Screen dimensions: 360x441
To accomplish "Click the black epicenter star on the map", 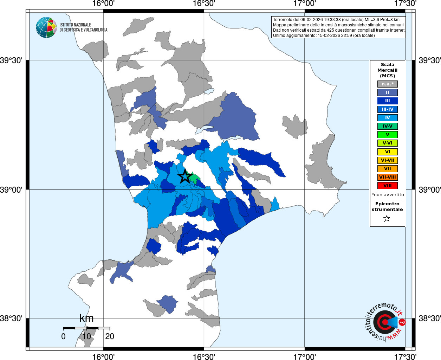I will [185, 176].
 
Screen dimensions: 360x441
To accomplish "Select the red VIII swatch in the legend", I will [387, 186].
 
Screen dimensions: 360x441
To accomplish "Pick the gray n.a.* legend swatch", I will [387, 84].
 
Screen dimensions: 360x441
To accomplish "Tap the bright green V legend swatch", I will [387, 135].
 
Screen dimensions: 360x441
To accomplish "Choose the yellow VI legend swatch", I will [387, 152].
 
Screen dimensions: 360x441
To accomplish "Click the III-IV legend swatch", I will [387, 109].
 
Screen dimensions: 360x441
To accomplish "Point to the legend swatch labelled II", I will [387, 92].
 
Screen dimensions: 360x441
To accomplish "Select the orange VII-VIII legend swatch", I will [387, 177].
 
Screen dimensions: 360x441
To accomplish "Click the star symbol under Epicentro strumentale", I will [387, 219].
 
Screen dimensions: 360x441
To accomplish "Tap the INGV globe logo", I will [46, 27].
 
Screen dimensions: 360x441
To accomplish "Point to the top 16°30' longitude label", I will [204, 4].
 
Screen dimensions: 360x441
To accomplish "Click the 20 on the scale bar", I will [110, 336].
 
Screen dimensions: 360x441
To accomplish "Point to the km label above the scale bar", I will [86, 318].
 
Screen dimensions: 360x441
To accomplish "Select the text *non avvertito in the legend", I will [388, 195].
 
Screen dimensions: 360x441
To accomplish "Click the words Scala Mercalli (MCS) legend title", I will [387, 70].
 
